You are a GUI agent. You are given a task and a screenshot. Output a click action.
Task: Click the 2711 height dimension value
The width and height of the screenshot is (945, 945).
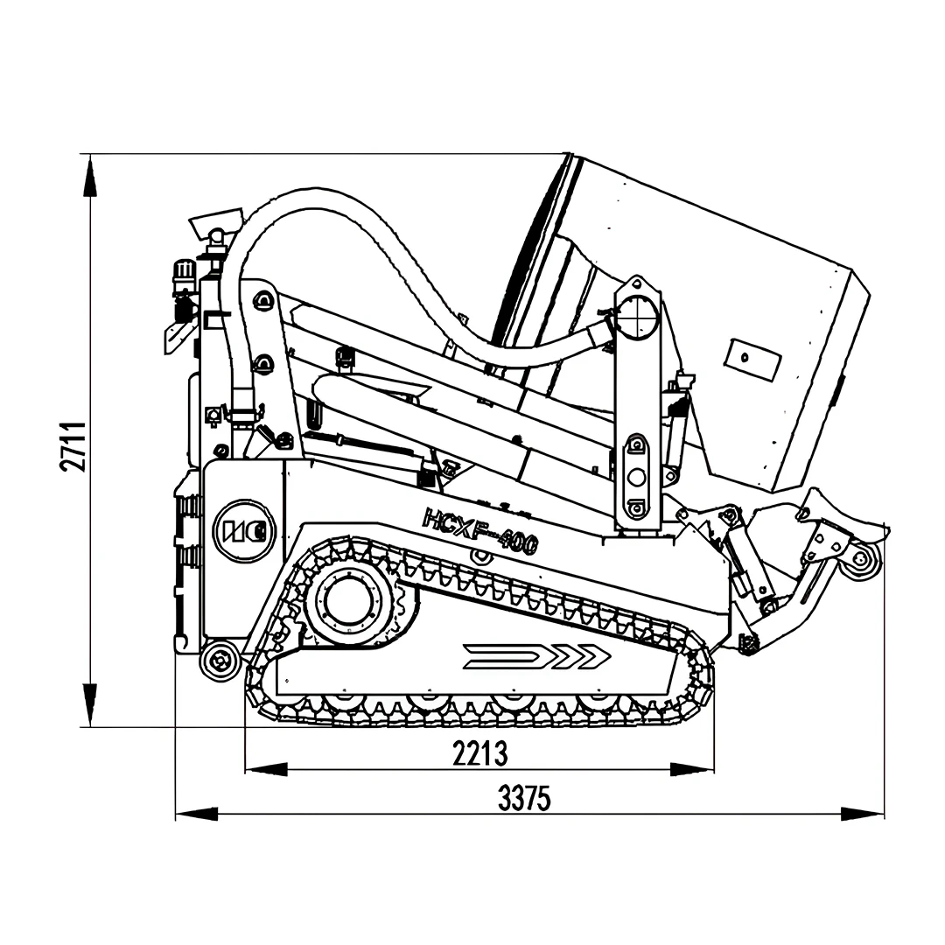(x=73, y=446)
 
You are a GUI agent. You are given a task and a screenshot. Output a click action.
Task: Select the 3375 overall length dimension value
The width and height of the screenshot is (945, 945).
(x=524, y=799)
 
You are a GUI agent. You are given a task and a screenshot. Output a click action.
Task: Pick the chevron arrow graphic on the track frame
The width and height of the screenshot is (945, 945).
(x=536, y=656)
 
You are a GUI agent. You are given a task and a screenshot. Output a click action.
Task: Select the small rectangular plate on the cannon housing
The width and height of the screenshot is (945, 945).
(x=753, y=360)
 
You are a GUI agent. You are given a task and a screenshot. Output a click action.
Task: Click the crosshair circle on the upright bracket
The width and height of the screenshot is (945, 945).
(x=639, y=317)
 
